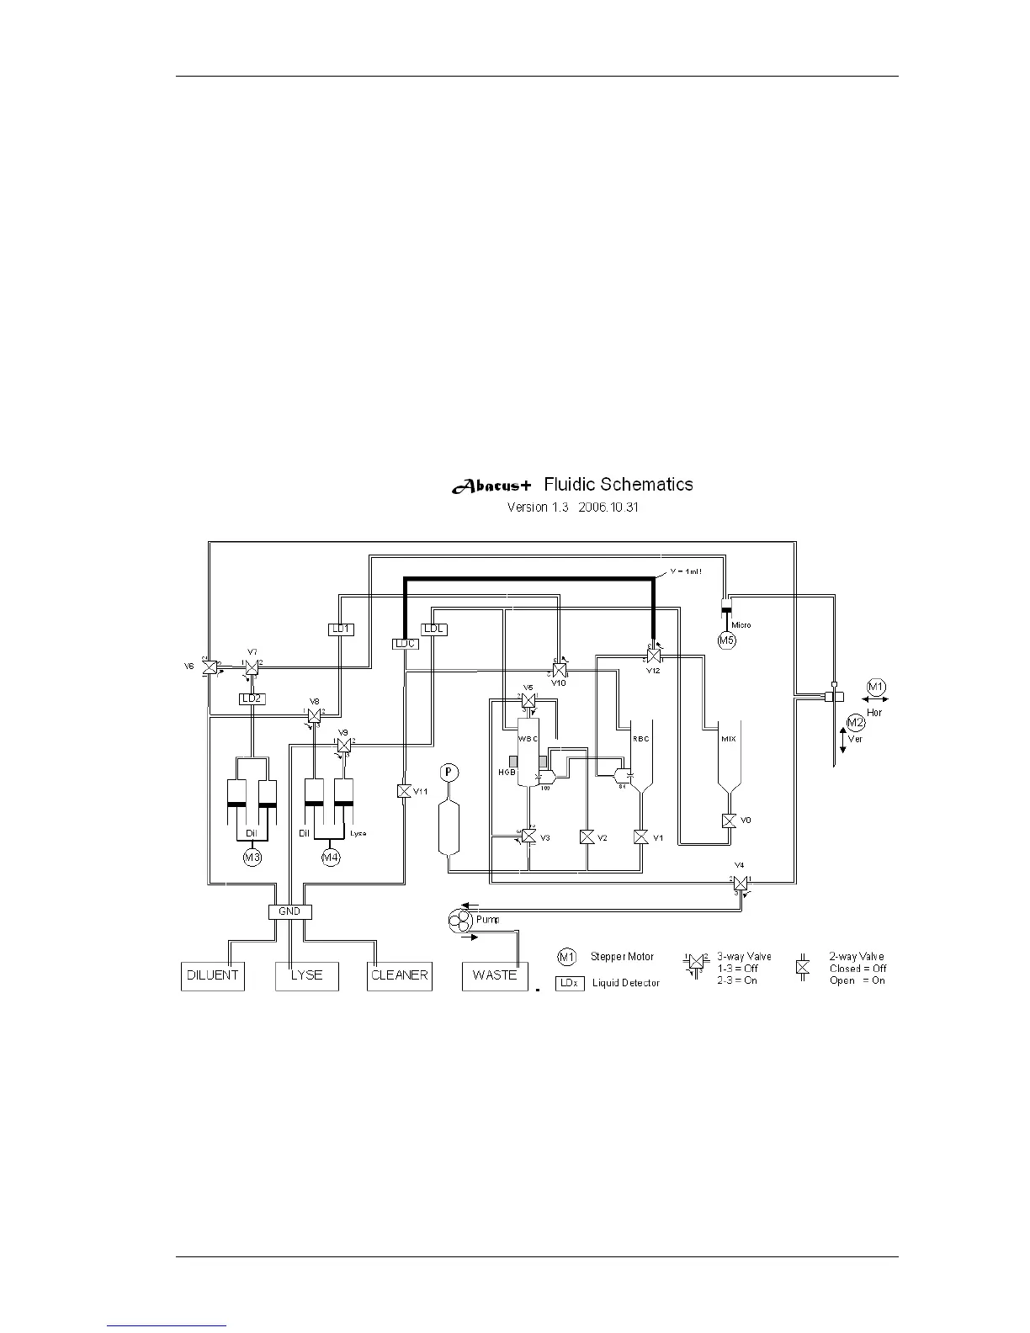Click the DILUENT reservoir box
tap(213, 975)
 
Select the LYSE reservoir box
tap(307, 975)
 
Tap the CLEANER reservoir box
tap(400, 975)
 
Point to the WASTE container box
tap(494, 975)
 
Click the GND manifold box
tap(289, 911)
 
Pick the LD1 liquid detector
tap(341, 629)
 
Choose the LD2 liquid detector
tap(252, 698)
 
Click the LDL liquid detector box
tap(433, 629)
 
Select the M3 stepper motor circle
tap(252, 858)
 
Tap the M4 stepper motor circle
tap(332, 858)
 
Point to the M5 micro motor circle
tap(727, 640)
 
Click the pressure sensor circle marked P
tap(449, 772)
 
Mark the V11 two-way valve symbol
tap(403, 791)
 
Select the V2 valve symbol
tap(587, 837)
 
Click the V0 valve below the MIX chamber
tap(730, 821)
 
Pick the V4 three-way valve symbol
tap(740, 883)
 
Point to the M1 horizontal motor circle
tap(876, 687)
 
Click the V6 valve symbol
tap(210, 666)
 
